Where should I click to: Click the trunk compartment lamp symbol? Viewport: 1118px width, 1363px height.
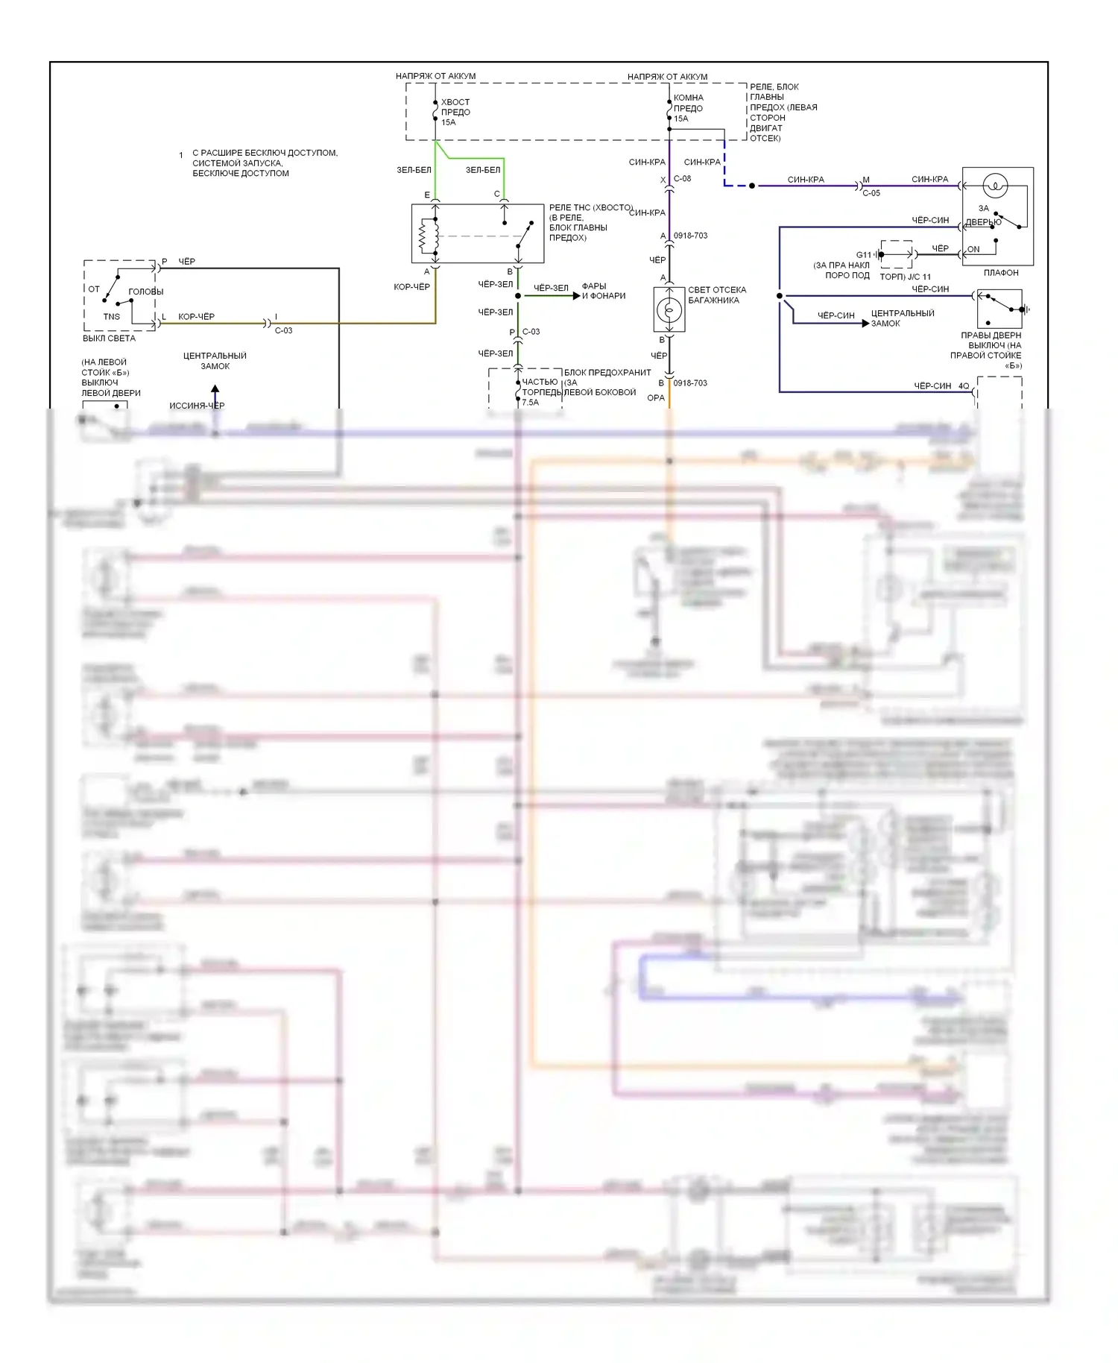tap(669, 309)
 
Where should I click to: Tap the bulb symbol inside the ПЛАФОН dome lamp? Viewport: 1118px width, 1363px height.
tap(995, 185)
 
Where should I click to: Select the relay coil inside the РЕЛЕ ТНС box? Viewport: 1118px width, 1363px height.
tap(424, 236)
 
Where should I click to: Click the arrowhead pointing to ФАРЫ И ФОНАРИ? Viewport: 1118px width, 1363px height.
tap(576, 296)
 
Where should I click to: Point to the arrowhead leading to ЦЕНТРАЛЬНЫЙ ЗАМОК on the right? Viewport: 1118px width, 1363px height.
tap(865, 323)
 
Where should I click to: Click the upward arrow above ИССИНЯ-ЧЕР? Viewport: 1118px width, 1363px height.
tap(215, 389)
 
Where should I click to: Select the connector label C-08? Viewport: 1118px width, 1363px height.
tap(682, 179)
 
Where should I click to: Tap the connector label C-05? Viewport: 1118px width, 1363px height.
tap(871, 193)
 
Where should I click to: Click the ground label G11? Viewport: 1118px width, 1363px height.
tap(863, 255)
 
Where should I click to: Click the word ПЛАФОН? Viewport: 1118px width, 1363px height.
tap(1000, 273)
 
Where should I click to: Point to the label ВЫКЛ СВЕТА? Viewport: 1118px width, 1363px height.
tap(109, 339)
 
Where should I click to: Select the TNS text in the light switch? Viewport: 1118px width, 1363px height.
tap(111, 317)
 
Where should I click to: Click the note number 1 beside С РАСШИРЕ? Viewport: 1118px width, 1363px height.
tap(180, 155)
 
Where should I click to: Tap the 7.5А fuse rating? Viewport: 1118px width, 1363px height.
tap(530, 403)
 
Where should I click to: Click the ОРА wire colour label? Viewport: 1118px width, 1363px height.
tap(655, 398)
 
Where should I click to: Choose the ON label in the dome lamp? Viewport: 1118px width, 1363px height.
tap(973, 249)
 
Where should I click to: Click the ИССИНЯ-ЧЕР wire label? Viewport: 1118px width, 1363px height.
tap(197, 406)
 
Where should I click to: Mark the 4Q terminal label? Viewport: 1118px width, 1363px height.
tap(964, 386)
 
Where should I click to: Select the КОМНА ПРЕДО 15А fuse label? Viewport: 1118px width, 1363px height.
tap(688, 108)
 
